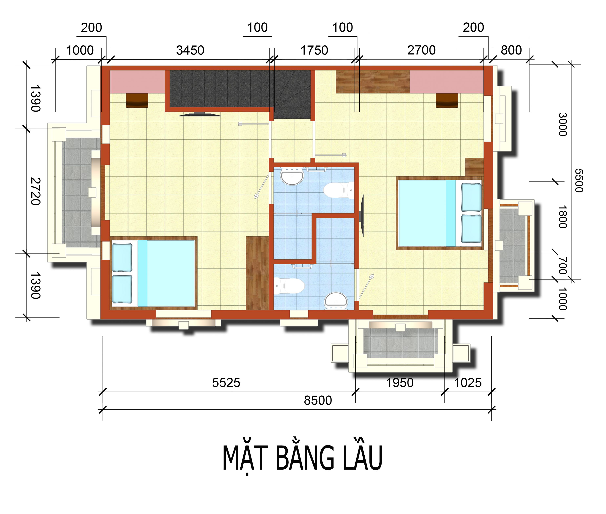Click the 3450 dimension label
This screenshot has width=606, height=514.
point(190,50)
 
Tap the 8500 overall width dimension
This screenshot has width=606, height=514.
point(318,400)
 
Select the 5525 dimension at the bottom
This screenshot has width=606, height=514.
point(226,383)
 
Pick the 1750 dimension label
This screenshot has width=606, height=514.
point(314,50)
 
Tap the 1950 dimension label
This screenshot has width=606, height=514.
point(400,383)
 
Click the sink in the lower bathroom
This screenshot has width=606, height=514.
point(336,300)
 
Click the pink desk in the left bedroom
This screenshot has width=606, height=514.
point(137,82)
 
